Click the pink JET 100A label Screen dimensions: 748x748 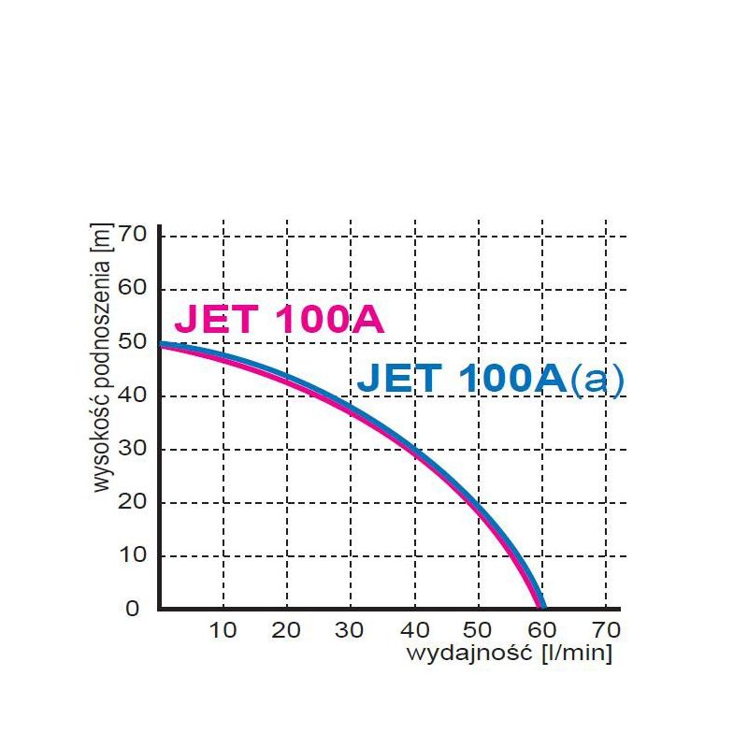tap(280, 320)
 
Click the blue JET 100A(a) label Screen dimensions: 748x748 tap(490, 380)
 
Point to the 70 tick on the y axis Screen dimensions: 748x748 tap(134, 235)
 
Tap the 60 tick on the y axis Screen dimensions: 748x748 tap(134, 288)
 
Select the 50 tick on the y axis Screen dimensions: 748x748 tap(134, 341)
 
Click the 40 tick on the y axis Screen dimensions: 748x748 tap(134, 396)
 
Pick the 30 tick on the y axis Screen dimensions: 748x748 tap(134, 449)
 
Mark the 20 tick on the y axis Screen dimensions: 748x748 tap(134, 502)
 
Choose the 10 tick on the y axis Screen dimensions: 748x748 tap(134, 555)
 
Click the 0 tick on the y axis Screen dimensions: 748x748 tap(132, 609)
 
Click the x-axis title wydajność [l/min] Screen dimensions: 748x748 tap(509, 654)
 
